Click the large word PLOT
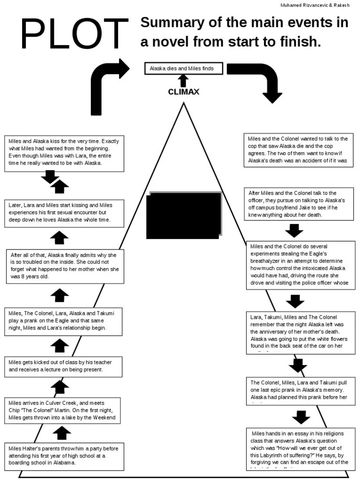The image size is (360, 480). tap(74, 37)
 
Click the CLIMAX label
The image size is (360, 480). tap(184, 92)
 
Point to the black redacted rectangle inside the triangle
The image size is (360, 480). tap(184, 215)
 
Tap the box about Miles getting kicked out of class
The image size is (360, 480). tap(64, 366)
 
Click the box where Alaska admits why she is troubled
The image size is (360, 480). tap(66, 266)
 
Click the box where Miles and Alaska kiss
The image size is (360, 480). tap(65, 152)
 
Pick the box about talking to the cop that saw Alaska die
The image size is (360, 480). tap(298, 150)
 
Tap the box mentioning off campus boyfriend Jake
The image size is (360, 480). tap(300, 204)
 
